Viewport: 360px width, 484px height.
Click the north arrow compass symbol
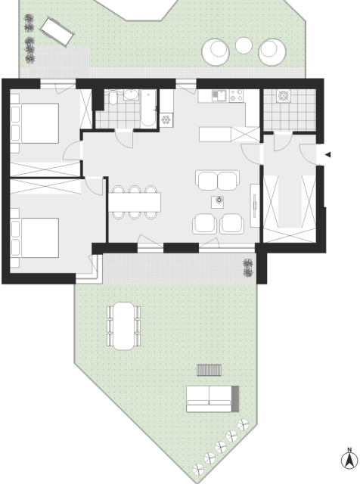tap(349, 459)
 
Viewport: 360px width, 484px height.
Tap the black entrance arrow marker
tap(328, 154)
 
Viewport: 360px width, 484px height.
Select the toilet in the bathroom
tap(113, 98)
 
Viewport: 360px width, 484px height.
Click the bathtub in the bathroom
tap(148, 108)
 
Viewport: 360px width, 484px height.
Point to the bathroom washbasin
tap(131, 95)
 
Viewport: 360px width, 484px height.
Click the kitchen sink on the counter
tap(219, 95)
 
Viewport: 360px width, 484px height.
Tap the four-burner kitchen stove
tap(236, 95)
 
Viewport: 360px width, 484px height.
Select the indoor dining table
tap(135, 202)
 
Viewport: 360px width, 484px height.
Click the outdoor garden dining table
tap(123, 326)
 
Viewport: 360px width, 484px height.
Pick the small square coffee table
tap(218, 202)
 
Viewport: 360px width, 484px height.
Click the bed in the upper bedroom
tap(35, 123)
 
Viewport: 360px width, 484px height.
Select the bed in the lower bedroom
tap(35, 237)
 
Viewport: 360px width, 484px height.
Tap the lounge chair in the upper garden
tap(57, 32)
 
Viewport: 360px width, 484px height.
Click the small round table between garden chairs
tap(244, 45)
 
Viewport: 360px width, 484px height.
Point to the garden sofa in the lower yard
tap(213, 399)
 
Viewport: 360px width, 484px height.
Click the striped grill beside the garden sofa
tap(209, 370)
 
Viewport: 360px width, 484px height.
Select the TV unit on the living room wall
tap(255, 205)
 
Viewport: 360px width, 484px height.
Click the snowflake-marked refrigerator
tap(166, 119)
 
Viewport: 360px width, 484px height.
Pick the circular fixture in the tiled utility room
tap(283, 95)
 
